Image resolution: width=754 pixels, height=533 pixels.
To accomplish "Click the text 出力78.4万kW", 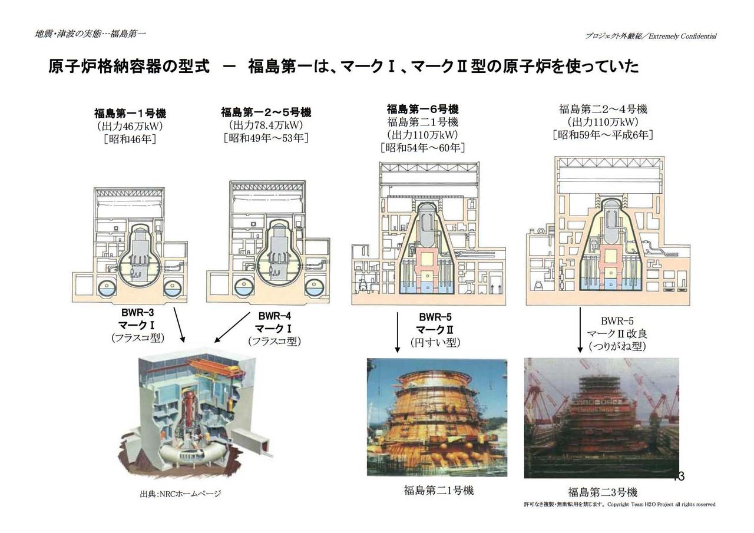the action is [x=266, y=125].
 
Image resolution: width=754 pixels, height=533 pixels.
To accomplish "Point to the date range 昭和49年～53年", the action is [x=266, y=138].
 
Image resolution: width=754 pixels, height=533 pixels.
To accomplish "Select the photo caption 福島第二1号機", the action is [x=438, y=490].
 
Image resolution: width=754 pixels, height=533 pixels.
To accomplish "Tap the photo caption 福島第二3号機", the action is [x=603, y=492].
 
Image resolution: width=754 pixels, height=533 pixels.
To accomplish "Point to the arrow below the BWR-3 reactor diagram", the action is [x=178, y=324].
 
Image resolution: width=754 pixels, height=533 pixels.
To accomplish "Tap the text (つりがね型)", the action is [x=616, y=347].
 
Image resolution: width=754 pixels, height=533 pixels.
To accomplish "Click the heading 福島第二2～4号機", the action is [x=603, y=109].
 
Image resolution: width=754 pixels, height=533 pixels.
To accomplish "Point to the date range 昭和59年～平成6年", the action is [x=603, y=135].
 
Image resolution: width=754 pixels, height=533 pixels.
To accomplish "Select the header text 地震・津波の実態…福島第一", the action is [x=90, y=34].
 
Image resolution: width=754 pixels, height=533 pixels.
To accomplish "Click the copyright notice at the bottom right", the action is [x=619, y=505].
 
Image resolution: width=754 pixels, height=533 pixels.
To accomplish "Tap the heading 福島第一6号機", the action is [x=422, y=109].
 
